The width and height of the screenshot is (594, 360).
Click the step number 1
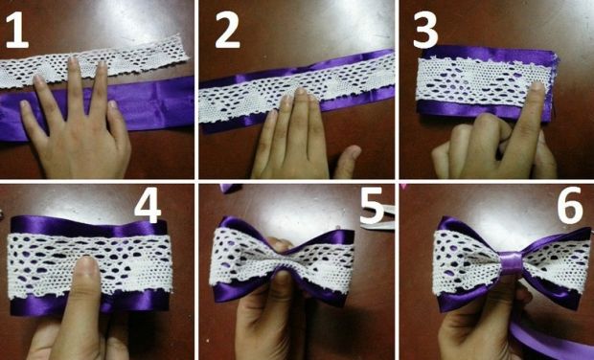pyautogui.click(x=16, y=31)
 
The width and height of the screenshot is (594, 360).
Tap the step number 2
pyautogui.click(x=227, y=31)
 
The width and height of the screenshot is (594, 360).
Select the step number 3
pyautogui.click(x=425, y=31)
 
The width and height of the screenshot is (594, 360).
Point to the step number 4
pyautogui.click(x=148, y=206)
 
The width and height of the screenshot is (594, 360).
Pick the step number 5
pyautogui.click(x=372, y=206)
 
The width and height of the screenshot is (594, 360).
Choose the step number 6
pyautogui.click(x=569, y=206)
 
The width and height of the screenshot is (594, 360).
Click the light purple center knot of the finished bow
pyautogui.click(x=512, y=261)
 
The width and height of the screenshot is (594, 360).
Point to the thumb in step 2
pyautogui.click(x=347, y=161)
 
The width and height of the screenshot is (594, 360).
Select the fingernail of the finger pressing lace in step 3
pyautogui.click(x=537, y=86)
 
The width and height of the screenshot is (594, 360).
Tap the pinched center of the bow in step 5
pyautogui.click(x=282, y=260)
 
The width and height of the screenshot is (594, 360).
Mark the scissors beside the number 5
pyautogui.click(x=377, y=219)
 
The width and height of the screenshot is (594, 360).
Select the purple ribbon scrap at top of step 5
pyautogui.click(x=230, y=188)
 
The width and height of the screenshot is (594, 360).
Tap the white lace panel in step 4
pyautogui.click(x=89, y=264)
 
